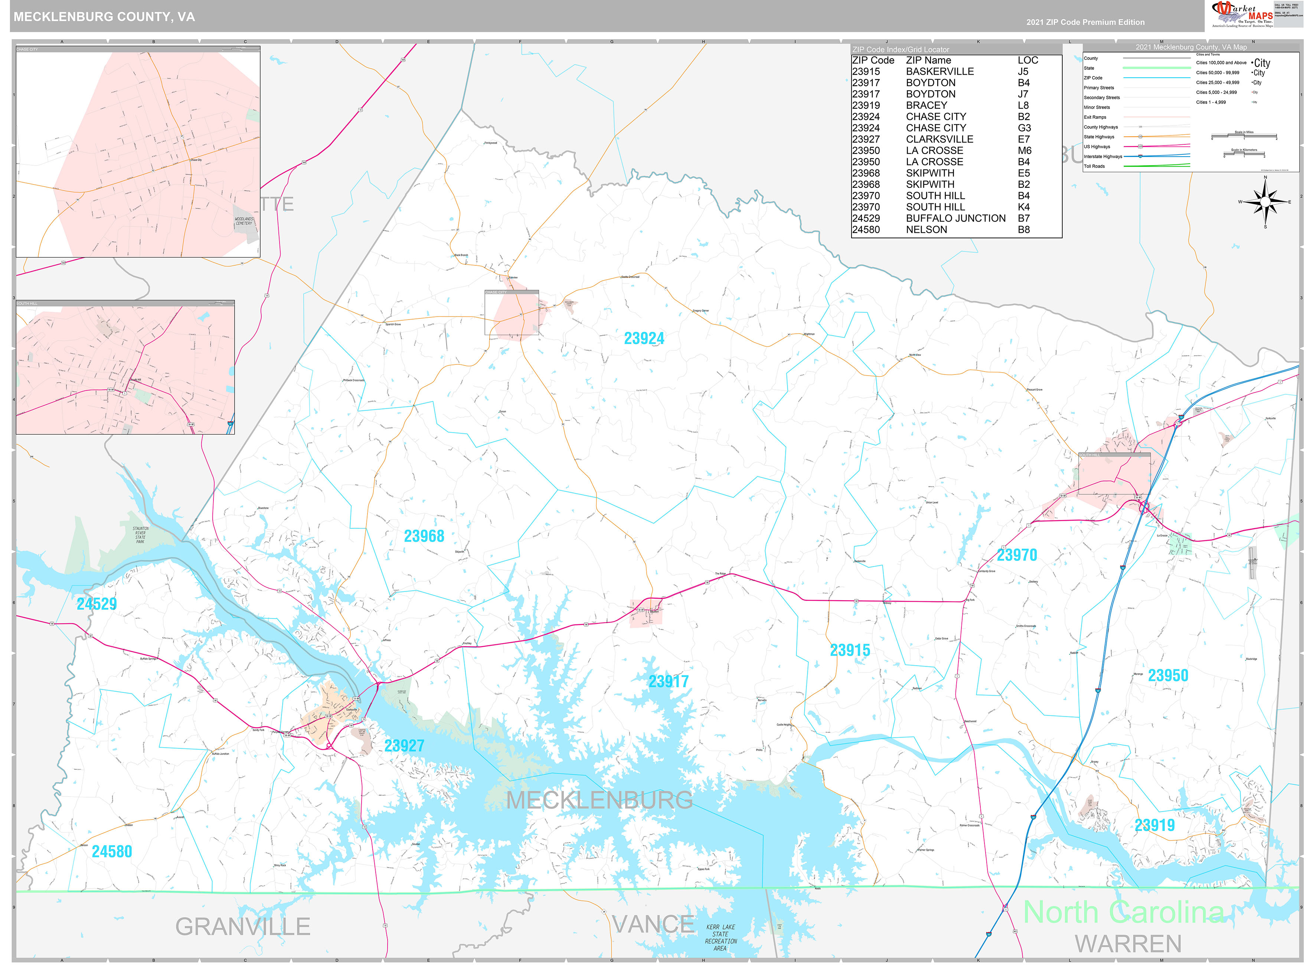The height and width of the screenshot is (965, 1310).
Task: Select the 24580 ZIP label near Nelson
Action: [112, 852]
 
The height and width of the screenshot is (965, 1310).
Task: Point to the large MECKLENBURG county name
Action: [600, 800]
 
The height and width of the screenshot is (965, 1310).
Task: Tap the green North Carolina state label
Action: [1123, 912]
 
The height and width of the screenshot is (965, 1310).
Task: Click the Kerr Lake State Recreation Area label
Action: [721, 938]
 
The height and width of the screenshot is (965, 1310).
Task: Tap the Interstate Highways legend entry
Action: [1102, 157]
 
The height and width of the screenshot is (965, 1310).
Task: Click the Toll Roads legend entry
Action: [1094, 167]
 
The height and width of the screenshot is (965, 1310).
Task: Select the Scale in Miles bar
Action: [1244, 137]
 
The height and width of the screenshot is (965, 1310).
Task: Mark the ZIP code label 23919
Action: [1154, 825]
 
